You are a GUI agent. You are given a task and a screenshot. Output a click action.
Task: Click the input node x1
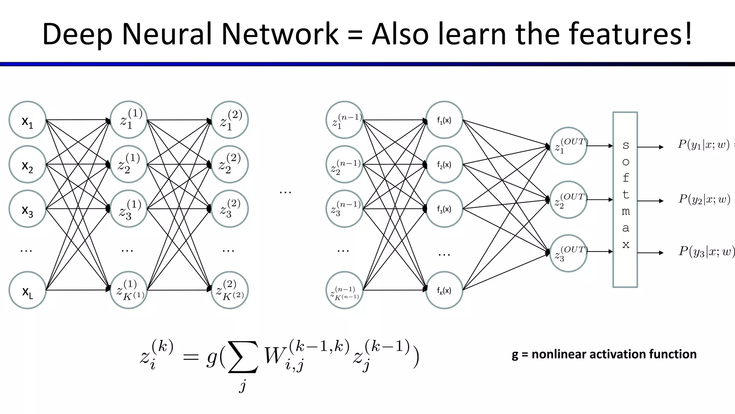(x=27, y=120)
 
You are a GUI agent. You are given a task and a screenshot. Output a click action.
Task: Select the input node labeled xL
(x=27, y=290)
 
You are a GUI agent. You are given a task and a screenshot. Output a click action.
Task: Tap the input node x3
(x=27, y=209)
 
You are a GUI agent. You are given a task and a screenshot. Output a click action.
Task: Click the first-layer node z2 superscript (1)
(x=128, y=164)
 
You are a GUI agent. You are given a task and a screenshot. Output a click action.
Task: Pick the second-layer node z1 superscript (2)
(x=230, y=120)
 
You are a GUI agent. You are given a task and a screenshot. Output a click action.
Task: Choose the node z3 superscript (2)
(x=230, y=209)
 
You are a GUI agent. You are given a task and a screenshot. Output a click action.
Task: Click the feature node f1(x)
(x=444, y=120)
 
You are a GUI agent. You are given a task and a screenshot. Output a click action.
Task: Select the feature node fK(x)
(x=444, y=290)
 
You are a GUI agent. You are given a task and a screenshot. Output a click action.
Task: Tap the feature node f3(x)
(x=444, y=209)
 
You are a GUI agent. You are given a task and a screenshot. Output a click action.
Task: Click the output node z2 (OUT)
(x=568, y=200)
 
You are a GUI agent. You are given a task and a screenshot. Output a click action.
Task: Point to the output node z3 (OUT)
(x=568, y=253)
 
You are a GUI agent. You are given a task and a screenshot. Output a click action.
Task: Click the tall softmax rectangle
(x=625, y=200)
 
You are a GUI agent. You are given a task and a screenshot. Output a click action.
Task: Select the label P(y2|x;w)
(x=704, y=199)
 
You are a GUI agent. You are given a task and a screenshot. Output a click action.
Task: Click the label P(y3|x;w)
(x=706, y=251)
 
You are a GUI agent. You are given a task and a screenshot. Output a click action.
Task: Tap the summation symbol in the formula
(x=243, y=357)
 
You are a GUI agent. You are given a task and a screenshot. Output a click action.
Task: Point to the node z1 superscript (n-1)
(x=345, y=120)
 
